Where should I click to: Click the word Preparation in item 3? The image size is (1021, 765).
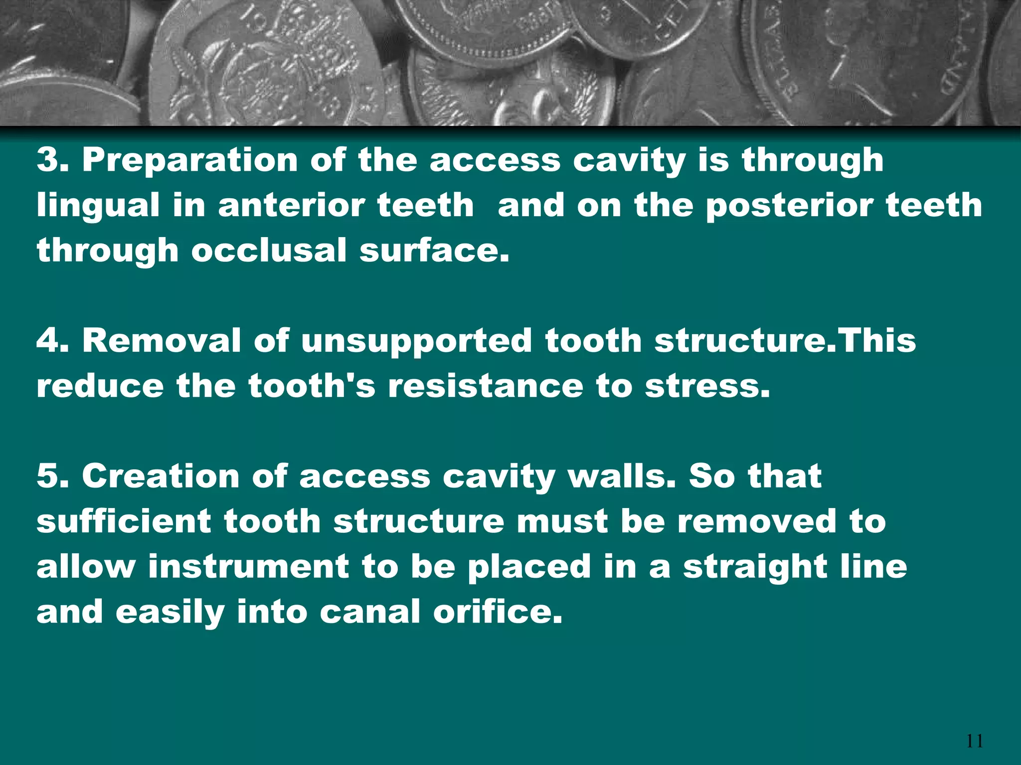[190, 160]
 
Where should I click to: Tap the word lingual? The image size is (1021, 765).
[98, 206]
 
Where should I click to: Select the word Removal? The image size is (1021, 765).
[162, 341]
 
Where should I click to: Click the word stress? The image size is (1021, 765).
[707, 386]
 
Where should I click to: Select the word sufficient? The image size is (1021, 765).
[124, 521]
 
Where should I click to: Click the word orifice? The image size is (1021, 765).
[498, 612]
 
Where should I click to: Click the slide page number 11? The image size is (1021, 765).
[975, 741]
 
